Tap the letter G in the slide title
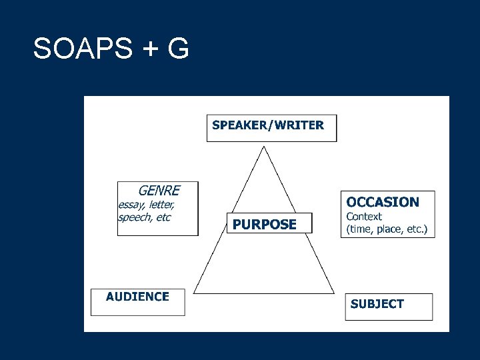click(x=178, y=49)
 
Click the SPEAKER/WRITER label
click(x=268, y=125)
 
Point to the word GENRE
click(x=159, y=190)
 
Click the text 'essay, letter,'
click(x=147, y=205)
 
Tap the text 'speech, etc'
click(x=144, y=217)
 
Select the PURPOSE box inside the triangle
click(x=265, y=225)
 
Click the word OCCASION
click(x=383, y=202)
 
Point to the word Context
click(x=364, y=217)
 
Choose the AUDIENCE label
click(x=137, y=297)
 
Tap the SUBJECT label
click(x=377, y=304)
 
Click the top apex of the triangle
click(x=265, y=147)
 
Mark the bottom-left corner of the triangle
click(x=194, y=293)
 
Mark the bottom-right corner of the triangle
click(x=334, y=293)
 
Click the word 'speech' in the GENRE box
click(x=133, y=217)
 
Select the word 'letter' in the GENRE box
click(x=162, y=205)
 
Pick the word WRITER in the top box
click(x=298, y=125)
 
